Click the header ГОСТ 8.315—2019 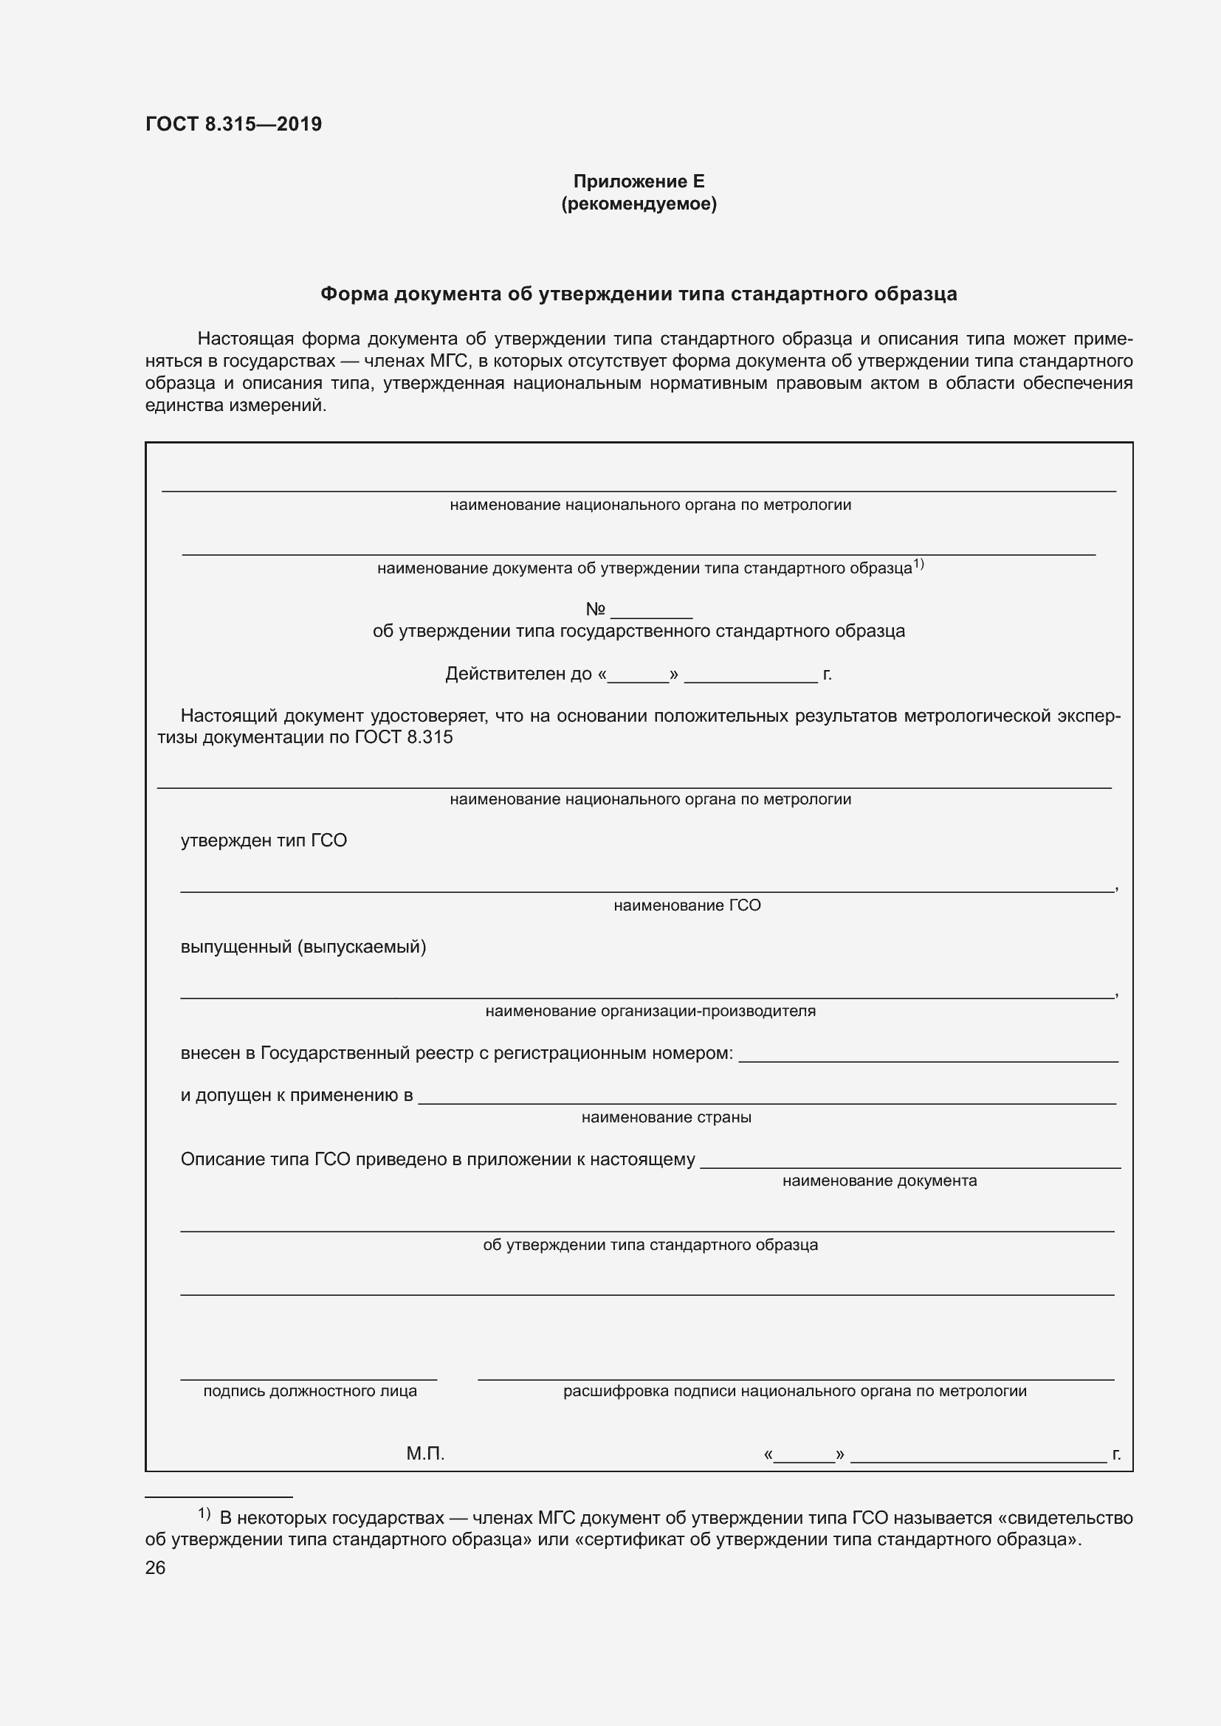(233, 124)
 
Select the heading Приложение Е (639, 182)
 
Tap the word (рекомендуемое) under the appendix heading (639, 204)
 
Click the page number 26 (155, 1567)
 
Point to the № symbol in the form (596, 609)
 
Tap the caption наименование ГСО (687, 905)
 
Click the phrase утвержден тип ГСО (263, 840)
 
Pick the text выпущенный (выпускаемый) (303, 947)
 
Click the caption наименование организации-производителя (650, 1011)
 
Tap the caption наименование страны (666, 1117)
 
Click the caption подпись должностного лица (310, 1392)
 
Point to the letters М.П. (424, 1454)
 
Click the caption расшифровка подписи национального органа (794, 1392)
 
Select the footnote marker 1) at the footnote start (204, 1512)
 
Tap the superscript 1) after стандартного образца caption (918, 564)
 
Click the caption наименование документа (879, 1181)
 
